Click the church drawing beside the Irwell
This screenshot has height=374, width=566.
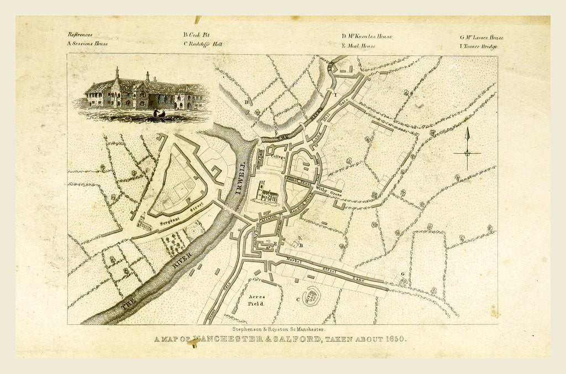click(x=266, y=194)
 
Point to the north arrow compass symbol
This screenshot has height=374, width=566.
click(x=467, y=148)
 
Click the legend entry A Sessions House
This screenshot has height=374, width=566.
click(x=87, y=43)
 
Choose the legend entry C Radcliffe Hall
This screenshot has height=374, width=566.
click(x=203, y=44)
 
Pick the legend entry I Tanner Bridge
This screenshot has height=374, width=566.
click(x=479, y=46)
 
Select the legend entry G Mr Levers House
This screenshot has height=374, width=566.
click(x=481, y=38)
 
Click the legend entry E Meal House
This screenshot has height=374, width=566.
click(x=358, y=46)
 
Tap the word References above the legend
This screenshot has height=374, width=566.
click(x=80, y=34)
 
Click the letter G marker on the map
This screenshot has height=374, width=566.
click(x=402, y=274)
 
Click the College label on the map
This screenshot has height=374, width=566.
click(x=277, y=157)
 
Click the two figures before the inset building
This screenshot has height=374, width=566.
click(x=159, y=113)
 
